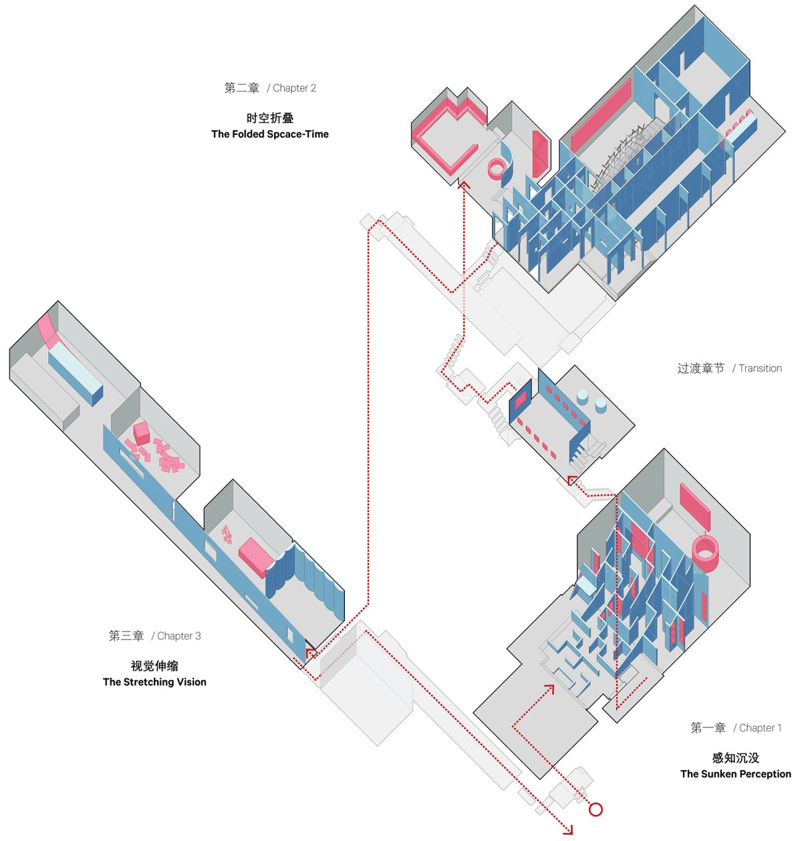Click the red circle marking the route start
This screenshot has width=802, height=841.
click(x=595, y=809)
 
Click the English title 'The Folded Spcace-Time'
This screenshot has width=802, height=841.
click(x=269, y=134)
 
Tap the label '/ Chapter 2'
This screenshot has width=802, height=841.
click(x=291, y=88)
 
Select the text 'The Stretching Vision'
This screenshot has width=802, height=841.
click(x=154, y=681)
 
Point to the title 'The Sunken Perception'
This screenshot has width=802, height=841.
click(x=735, y=774)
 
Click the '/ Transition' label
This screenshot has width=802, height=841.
click(x=757, y=368)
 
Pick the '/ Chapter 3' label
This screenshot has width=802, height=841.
click(x=176, y=636)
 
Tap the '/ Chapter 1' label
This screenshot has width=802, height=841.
click(x=757, y=727)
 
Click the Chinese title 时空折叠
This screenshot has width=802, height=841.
click(x=269, y=118)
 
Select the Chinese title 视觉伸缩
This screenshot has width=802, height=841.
click(x=154, y=665)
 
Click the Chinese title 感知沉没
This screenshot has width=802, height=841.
click(x=735, y=758)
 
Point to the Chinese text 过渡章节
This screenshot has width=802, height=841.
click(x=700, y=368)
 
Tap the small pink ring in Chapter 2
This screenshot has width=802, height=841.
click(x=497, y=168)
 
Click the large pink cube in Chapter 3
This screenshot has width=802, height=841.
click(x=141, y=432)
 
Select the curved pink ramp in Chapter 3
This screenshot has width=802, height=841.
click(x=49, y=329)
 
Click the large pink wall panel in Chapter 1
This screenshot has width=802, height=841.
click(x=695, y=506)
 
